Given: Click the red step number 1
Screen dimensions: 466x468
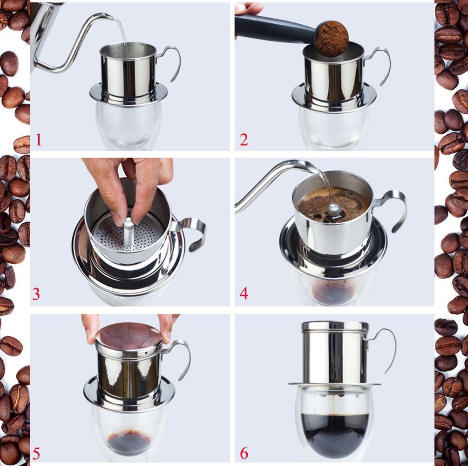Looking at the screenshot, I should pos(38,139).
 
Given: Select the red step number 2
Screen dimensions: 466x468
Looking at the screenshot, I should pos(244,139).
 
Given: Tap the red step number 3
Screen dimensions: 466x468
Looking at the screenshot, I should pos(36,294).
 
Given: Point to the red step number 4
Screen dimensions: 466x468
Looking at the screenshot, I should pos(244,294).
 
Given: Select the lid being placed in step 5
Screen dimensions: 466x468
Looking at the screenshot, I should pos(129,335).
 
